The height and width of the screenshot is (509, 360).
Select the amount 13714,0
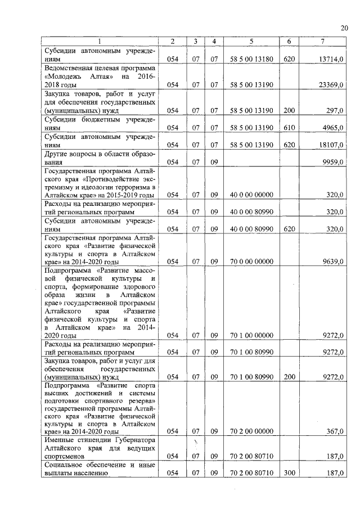pyautogui.click(x=331, y=58)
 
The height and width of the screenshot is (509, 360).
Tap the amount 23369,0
pyautogui.click(x=331, y=84)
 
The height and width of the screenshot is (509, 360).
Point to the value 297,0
pyautogui.click(x=335, y=111)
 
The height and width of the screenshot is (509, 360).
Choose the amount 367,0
pyautogui.click(x=335, y=431)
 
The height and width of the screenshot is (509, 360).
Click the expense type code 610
pyautogui.click(x=289, y=128)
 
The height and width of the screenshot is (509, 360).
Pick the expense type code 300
pyautogui.click(x=289, y=474)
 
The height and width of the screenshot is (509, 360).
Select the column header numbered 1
pyautogui.click(x=99, y=42)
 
